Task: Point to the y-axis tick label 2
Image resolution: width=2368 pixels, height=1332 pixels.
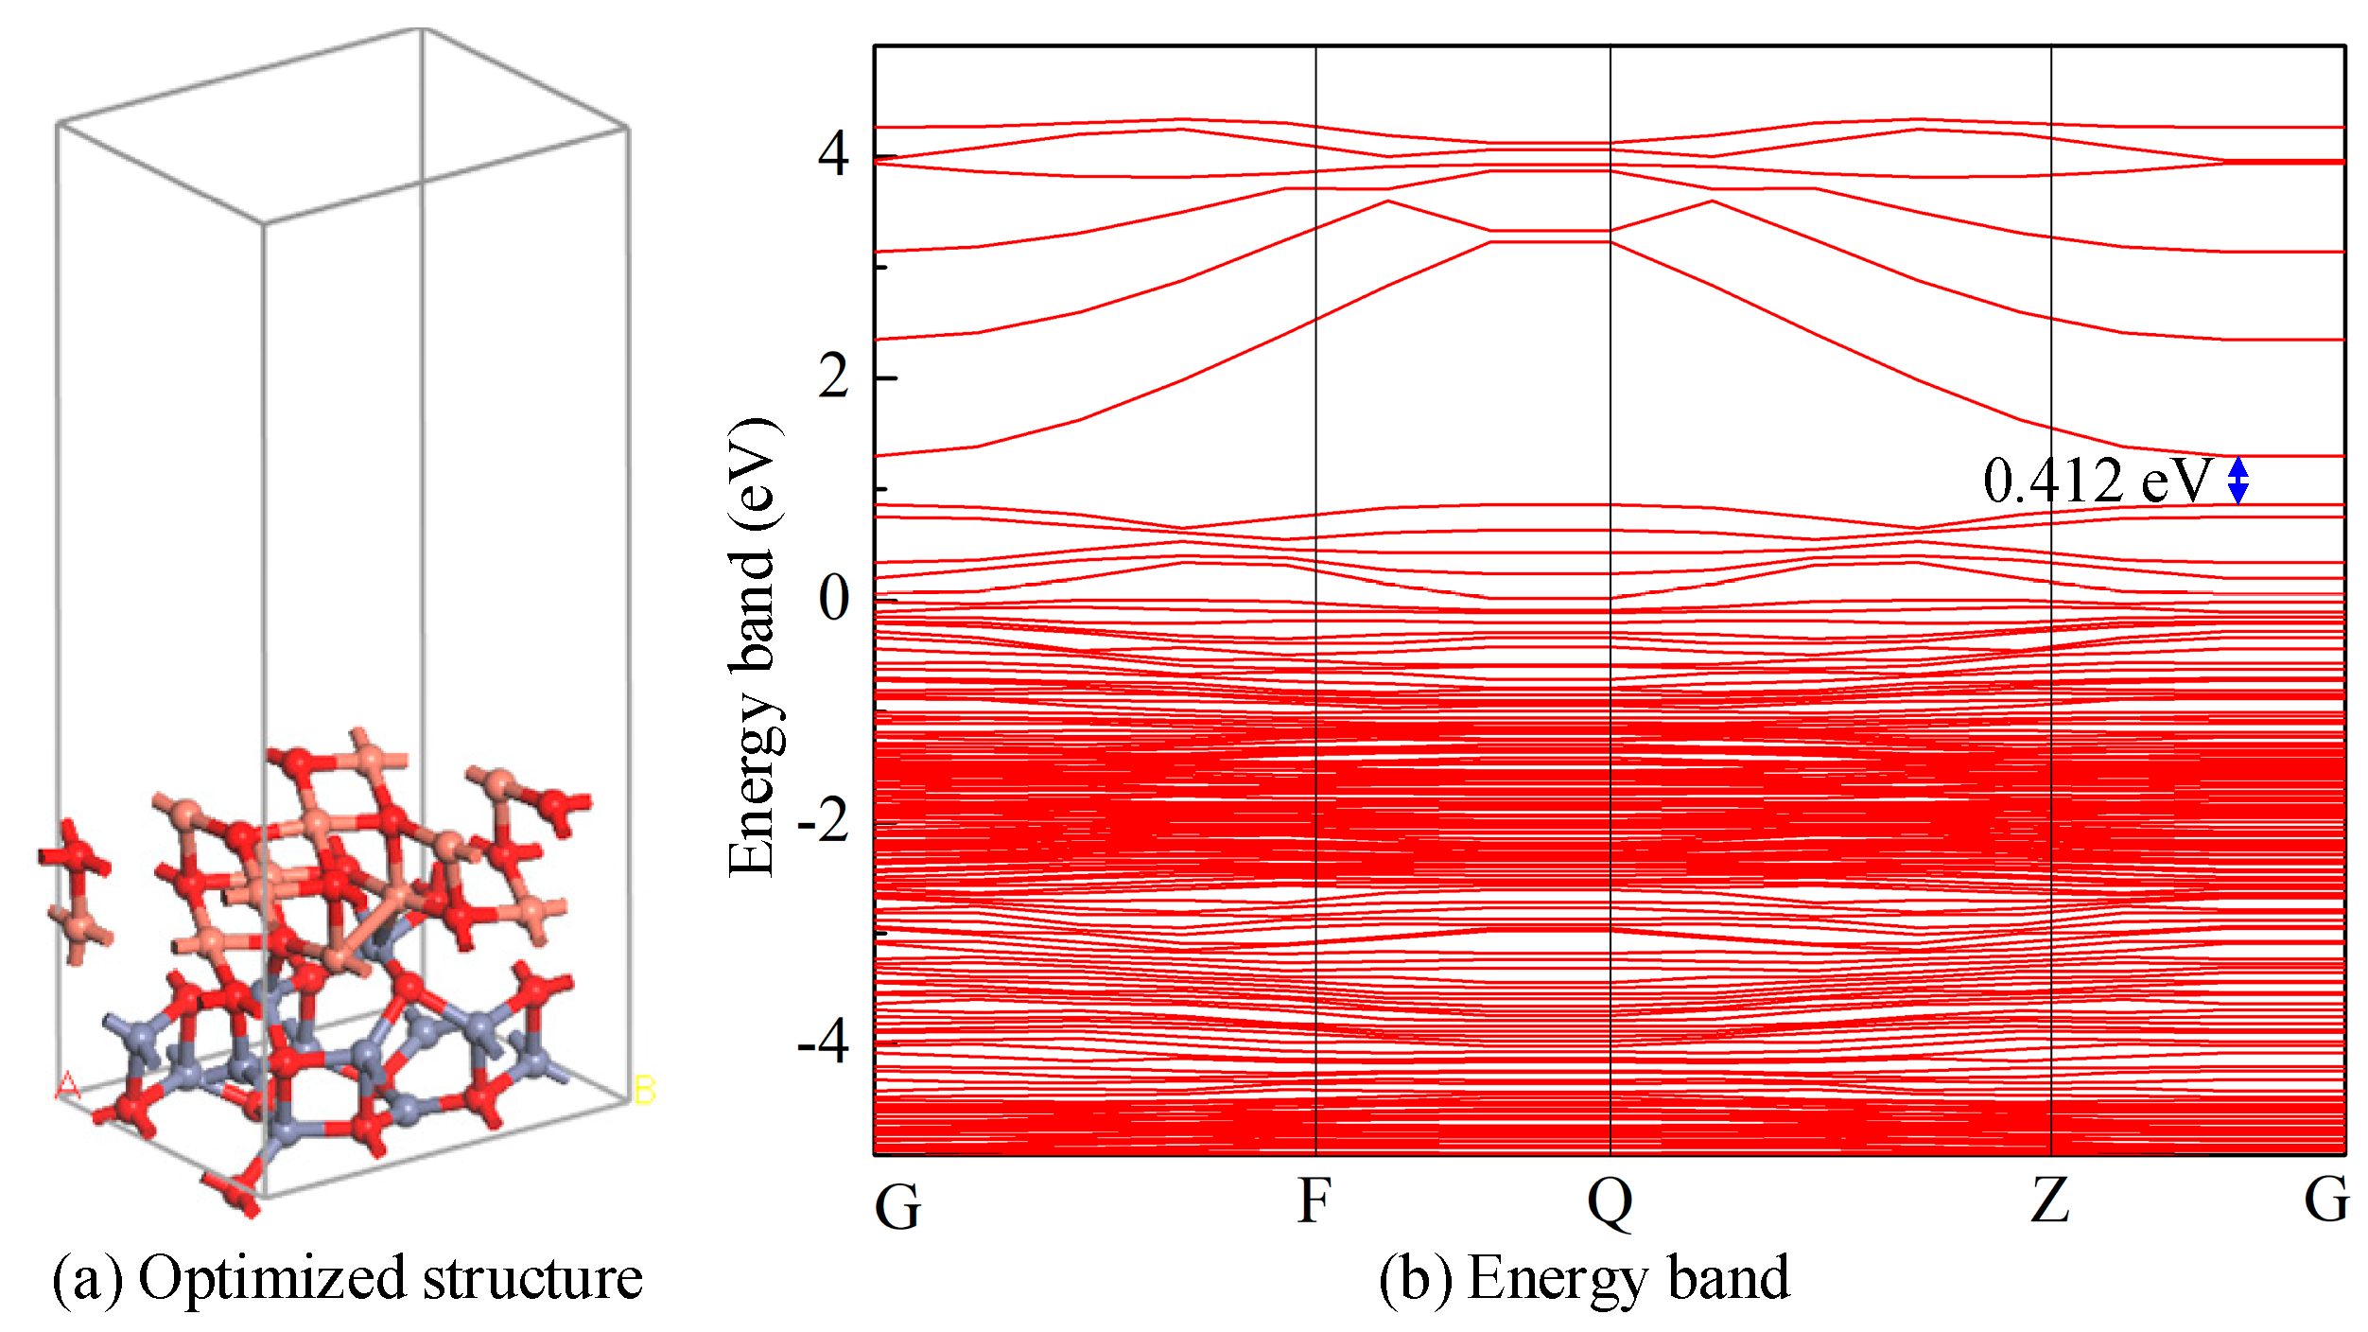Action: click(834, 377)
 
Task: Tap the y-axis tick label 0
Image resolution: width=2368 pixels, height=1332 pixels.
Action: click(834, 599)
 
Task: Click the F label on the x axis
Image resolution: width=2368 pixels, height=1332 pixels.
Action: click(1315, 1201)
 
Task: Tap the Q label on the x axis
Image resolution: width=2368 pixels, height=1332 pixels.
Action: click(1610, 1203)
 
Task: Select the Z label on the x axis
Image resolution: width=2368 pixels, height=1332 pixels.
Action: click(2050, 1201)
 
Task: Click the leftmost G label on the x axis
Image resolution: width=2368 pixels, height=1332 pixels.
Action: click(897, 1206)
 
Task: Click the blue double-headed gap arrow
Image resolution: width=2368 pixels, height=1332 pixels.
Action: click(2237, 480)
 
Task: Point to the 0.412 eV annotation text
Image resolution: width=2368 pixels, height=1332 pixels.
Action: click(2098, 481)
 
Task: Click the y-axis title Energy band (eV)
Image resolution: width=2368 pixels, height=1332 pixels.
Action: click(754, 647)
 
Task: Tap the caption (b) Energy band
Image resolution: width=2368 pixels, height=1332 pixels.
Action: click(1584, 1279)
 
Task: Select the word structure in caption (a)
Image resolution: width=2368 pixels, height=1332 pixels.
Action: click(532, 1279)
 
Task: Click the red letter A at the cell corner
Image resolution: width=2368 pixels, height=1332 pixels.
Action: click(67, 1086)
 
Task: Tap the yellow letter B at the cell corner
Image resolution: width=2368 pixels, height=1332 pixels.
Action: click(645, 1090)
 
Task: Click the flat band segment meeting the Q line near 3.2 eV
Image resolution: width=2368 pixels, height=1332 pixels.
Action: click(1551, 241)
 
